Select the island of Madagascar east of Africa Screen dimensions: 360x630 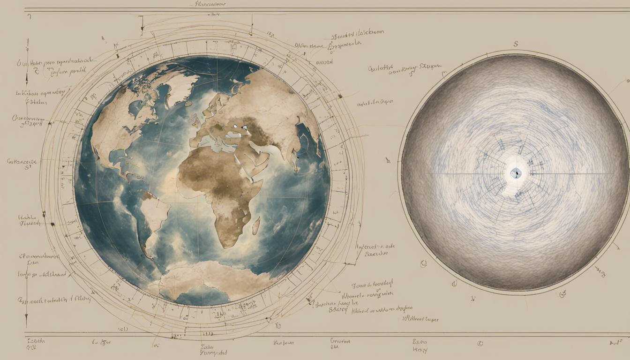point(256,226)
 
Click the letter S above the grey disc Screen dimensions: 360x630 point(516,45)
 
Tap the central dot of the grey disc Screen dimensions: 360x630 point(515,174)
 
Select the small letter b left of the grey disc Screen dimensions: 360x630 point(388,160)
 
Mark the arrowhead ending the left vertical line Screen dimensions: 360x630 point(26,323)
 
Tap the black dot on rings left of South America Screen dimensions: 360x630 point(52,225)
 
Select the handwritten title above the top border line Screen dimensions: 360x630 point(209,4)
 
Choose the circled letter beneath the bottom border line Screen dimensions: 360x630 point(480,344)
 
